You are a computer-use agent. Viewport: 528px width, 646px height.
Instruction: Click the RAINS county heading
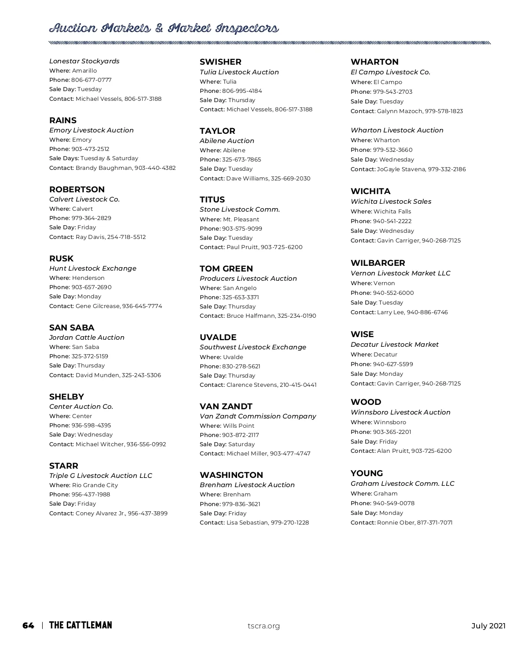point(63,120)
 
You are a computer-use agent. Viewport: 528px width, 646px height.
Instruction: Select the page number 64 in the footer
point(28,625)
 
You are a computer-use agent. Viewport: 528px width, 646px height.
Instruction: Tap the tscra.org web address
point(264,626)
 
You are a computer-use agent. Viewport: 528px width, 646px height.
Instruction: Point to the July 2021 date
point(488,626)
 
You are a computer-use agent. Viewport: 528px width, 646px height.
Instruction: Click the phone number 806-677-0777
point(92,80)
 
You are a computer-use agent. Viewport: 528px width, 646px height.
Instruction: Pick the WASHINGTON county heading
point(231,475)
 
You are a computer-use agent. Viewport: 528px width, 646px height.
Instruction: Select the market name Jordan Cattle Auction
point(87,338)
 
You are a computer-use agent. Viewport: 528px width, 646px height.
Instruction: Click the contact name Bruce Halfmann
point(250,316)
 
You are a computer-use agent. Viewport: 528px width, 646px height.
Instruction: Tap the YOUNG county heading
point(367,473)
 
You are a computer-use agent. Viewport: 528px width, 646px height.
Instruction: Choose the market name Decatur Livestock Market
point(395,345)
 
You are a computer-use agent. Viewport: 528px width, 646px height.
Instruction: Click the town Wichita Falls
point(392,212)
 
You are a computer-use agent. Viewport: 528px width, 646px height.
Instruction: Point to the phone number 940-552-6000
point(393,293)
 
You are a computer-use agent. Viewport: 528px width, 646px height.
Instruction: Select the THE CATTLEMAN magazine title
point(81,625)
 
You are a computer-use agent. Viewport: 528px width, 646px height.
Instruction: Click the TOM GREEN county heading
point(226,268)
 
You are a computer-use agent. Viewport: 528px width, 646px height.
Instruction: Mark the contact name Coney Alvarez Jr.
point(100,514)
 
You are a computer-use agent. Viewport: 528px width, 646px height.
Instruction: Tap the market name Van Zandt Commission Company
point(258,416)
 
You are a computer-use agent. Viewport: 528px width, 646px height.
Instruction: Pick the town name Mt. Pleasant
point(241,220)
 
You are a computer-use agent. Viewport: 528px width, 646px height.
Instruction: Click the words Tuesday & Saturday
point(109,158)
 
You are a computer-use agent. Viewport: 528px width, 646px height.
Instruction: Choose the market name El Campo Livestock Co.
point(390,72)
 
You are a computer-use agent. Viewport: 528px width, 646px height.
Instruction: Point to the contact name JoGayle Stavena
point(400,169)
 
